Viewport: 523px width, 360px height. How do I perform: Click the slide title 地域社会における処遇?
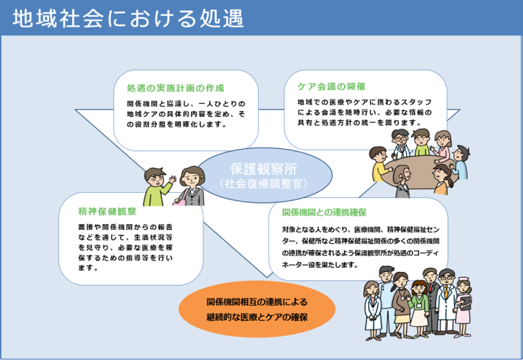click(128, 18)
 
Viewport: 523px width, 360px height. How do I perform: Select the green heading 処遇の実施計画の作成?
click(175, 88)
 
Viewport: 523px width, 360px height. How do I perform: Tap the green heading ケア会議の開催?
click(331, 87)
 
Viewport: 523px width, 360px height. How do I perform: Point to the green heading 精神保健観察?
click(107, 211)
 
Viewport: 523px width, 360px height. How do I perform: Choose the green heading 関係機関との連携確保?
click(324, 212)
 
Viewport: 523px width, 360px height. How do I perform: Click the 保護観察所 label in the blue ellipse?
click(263, 169)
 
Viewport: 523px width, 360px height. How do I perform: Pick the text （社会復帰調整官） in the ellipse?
click(263, 184)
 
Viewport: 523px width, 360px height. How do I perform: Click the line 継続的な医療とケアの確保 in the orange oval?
click(257, 317)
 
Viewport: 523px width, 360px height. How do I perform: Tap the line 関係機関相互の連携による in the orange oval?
click(257, 302)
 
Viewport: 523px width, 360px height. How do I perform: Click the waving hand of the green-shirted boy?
click(173, 179)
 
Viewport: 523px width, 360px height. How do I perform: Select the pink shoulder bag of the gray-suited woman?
click(180, 201)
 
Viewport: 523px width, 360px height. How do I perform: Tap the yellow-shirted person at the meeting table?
click(380, 165)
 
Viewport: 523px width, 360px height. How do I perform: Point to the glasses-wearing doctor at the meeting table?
click(400, 143)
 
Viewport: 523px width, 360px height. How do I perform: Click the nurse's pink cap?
click(464, 279)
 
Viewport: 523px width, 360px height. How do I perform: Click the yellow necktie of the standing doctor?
click(447, 292)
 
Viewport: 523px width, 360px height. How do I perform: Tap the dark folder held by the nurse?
click(465, 303)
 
